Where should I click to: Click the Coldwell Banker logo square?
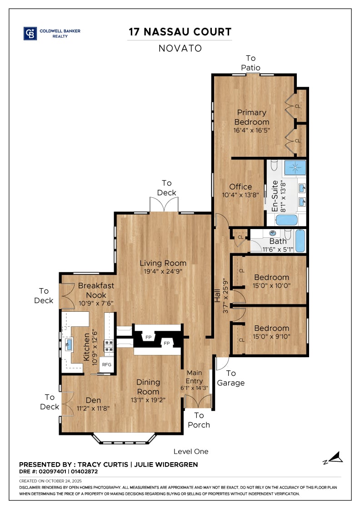[30, 34]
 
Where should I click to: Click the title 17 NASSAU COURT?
[180, 32]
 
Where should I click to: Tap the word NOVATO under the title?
[180, 48]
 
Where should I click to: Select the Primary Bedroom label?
[251, 117]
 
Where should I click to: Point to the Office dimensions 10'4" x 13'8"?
[240, 195]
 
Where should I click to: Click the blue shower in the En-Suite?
[295, 168]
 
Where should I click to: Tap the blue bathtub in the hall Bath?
[300, 240]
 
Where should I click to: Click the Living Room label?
[163, 263]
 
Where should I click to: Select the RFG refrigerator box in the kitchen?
[107, 365]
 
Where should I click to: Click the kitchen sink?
[69, 344]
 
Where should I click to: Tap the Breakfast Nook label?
[96, 290]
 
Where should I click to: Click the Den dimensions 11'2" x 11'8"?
[93, 409]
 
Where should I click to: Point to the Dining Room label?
[148, 387]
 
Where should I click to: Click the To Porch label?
[199, 420]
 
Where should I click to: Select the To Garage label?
[231, 378]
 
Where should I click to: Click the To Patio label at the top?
[250, 63]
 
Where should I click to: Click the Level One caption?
[191, 452]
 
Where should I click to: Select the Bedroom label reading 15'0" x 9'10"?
[272, 332]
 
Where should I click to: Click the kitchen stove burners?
[109, 346]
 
